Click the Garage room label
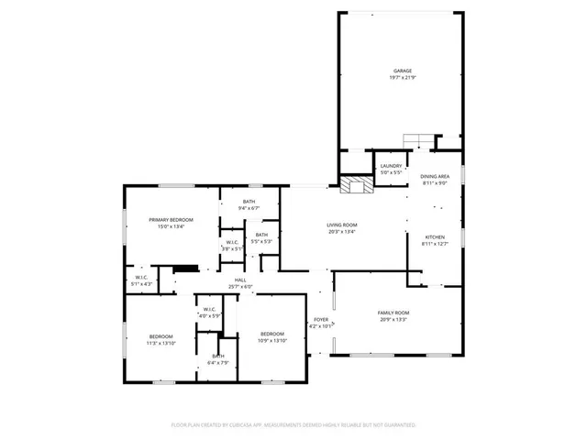pyautogui.click(x=403, y=74)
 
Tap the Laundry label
pyautogui.click(x=392, y=169)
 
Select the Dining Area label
pyautogui.click(x=435, y=179)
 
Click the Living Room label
pyautogui.click(x=342, y=228)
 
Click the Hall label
pyautogui.click(x=240, y=283)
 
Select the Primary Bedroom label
pyautogui.click(x=172, y=223)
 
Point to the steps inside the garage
pyautogui.click(x=418, y=140)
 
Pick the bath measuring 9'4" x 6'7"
pyautogui.click(x=249, y=205)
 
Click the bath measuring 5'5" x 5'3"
pyautogui.click(x=262, y=238)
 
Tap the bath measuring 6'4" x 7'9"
pyautogui.click(x=218, y=359)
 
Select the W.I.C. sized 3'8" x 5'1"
pyautogui.click(x=232, y=246)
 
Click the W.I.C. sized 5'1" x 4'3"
pyautogui.click(x=142, y=280)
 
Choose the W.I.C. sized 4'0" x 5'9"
pyautogui.click(x=209, y=313)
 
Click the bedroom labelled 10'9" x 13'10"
pyautogui.click(x=272, y=336)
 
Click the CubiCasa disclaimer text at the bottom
pyautogui.click(x=293, y=425)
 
